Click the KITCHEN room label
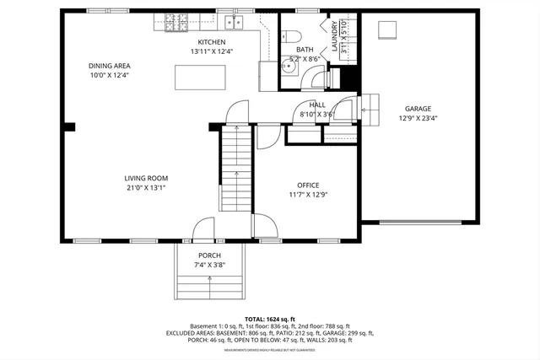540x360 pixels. click(212, 42)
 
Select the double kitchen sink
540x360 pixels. click(233, 22)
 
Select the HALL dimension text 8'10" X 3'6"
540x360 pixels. click(317, 115)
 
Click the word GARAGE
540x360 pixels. click(418, 109)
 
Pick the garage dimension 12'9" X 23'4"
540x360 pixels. click(418, 119)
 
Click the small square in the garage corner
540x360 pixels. click(386, 30)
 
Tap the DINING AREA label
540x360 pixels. click(109, 65)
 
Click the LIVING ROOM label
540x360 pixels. click(146, 178)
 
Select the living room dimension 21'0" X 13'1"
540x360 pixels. click(146, 188)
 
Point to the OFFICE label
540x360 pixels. click(308, 185)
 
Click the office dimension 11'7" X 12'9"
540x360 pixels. click(308, 195)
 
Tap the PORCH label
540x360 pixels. click(209, 255)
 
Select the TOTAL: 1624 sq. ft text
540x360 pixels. click(270, 320)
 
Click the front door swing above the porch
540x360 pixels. click(203, 228)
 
